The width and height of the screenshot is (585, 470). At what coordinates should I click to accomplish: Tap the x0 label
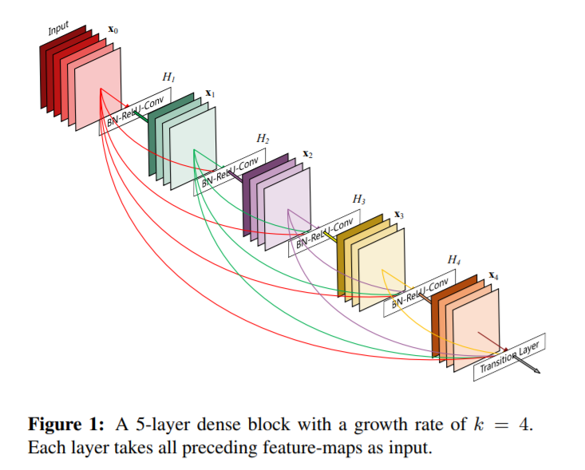coord(113,30)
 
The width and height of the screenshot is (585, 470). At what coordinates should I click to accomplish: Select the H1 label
coord(168,77)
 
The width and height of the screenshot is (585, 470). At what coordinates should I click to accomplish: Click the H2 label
coord(263,138)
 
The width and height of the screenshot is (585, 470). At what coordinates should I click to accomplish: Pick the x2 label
coord(307,154)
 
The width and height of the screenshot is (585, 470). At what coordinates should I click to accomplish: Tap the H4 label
coord(454,260)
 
